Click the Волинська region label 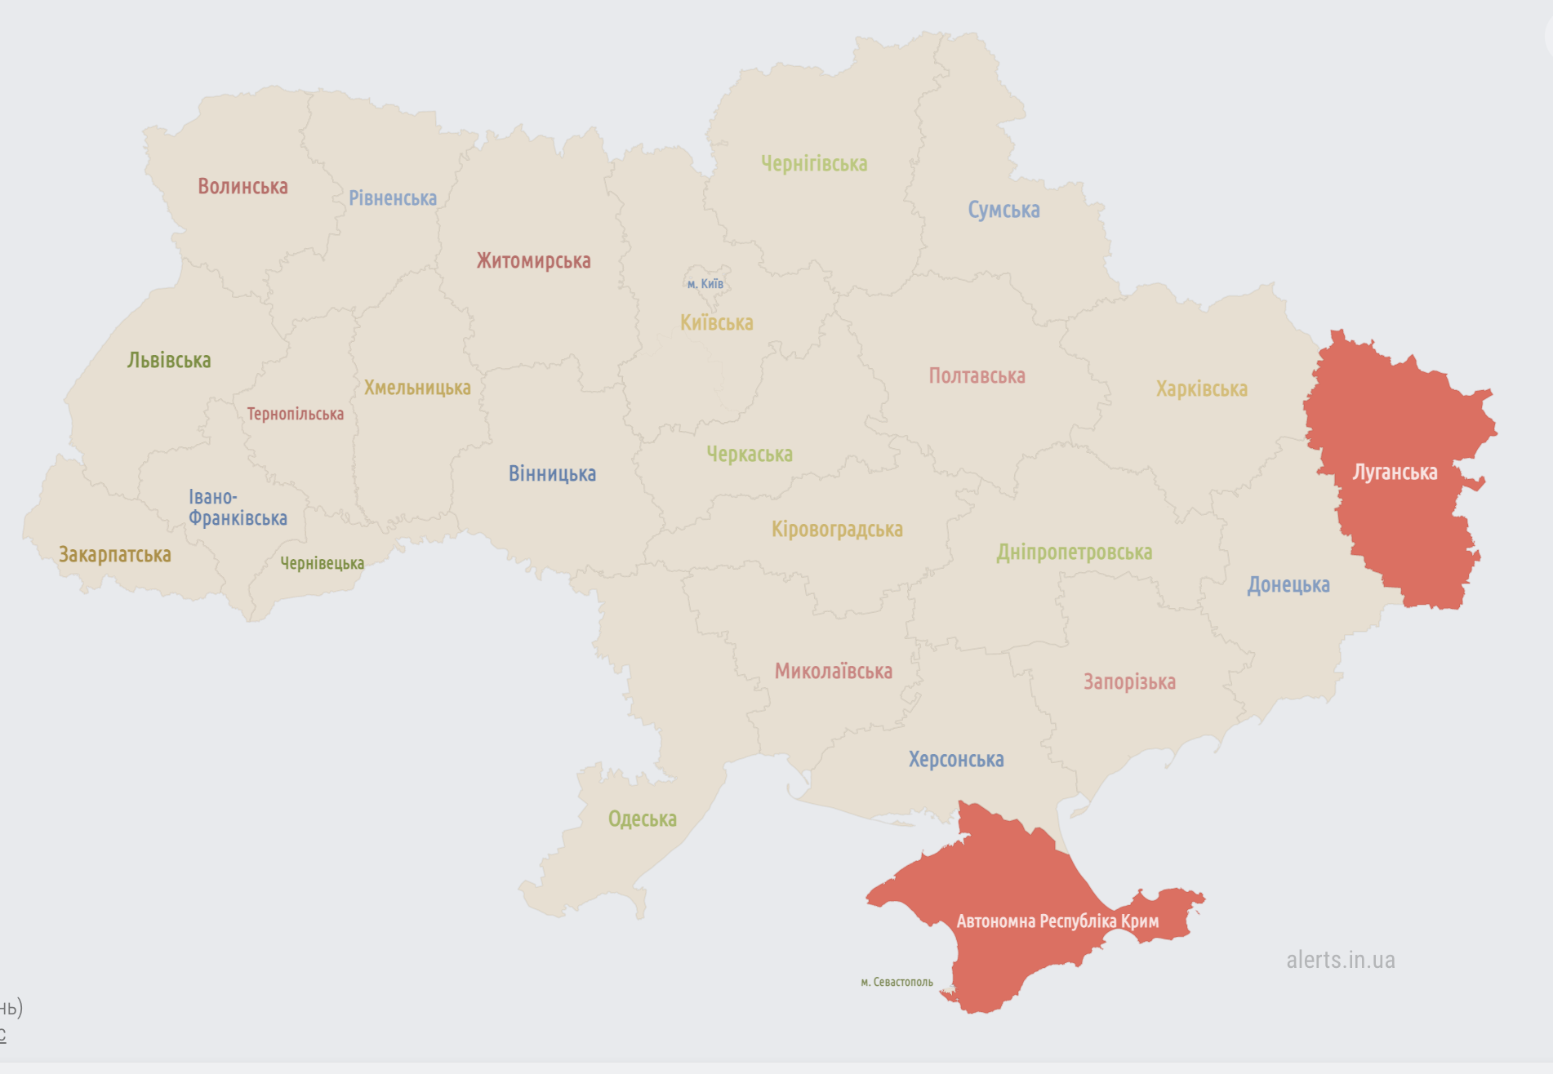pyautogui.click(x=243, y=187)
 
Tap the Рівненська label pyautogui.click(x=393, y=198)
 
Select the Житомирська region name pyautogui.click(x=533, y=261)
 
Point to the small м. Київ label pyautogui.click(x=705, y=284)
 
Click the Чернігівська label pyautogui.click(x=814, y=164)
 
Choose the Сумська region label pyautogui.click(x=1003, y=211)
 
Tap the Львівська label pyautogui.click(x=169, y=361)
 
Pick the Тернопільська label pyautogui.click(x=296, y=415)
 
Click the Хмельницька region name pyautogui.click(x=417, y=388)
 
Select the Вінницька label pyautogui.click(x=552, y=474)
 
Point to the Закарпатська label pyautogui.click(x=115, y=555)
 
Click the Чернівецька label pyautogui.click(x=323, y=563)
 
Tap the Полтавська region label pyautogui.click(x=977, y=376)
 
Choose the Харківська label pyautogui.click(x=1201, y=389)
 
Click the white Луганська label pyautogui.click(x=1395, y=473)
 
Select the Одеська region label pyautogui.click(x=643, y=819)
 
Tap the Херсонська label pyautogui.click(x=956, y=760)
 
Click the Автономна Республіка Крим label pyautogui.click(x=1057, y=921)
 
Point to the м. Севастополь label pyautogui.click(x=897, y=982)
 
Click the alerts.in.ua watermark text pyautogui.click(x=1341, y=960)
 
